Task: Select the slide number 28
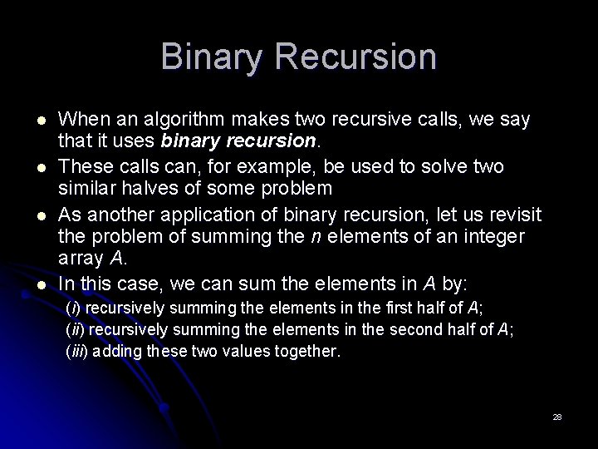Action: tap(557, 416)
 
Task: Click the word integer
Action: tap(494, 236)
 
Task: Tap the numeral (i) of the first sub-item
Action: tap(72, 308)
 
